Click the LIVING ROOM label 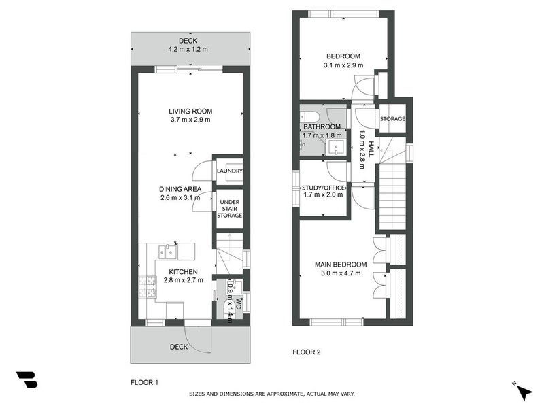click(x=190, y=111)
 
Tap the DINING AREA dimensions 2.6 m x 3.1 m click(x=180, y=199)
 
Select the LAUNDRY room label click(x=229, y=171)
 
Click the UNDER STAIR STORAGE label click(x=229, y=209)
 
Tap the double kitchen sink click(x=167, y=252)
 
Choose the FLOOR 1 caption click(x=144, y=383)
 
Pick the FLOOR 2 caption click(x=306, y=352)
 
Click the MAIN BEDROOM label click(x=341, y=265)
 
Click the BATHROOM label click(x=322, y=127)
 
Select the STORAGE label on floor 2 click(x=392, y=119)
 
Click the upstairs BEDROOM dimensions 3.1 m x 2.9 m click(x=343, y=65)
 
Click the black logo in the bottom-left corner click(x=27, y=379)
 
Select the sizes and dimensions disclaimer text click(x=271, y=394)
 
